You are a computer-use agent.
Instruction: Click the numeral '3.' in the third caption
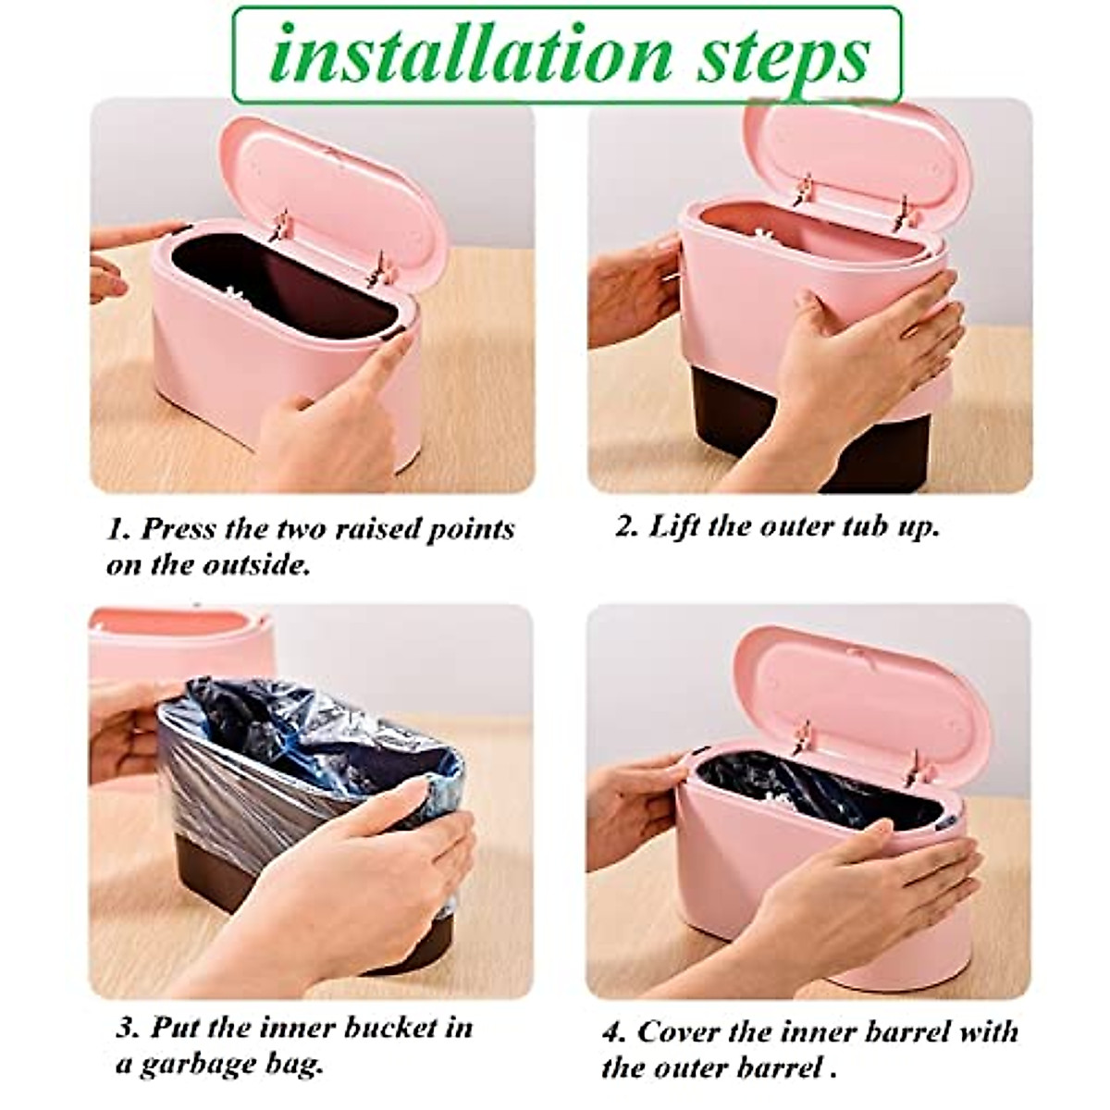pyautogui.click(x=128, y=1029)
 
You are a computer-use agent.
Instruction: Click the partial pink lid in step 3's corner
pyautogui.click(x=176, y=629)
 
